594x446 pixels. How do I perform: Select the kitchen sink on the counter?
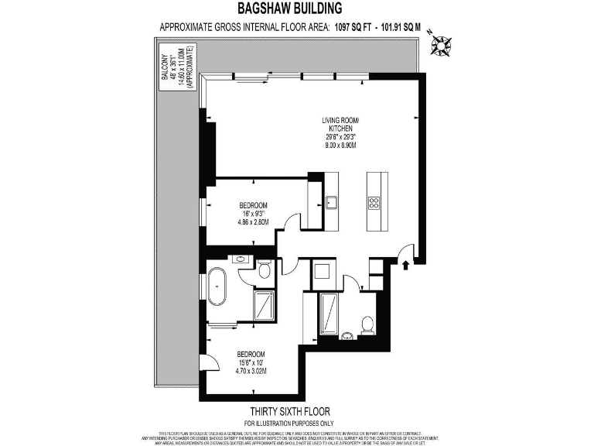pos(331,203)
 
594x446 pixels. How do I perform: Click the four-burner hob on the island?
pos(374,203)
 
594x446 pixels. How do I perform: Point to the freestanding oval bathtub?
pos(217,294)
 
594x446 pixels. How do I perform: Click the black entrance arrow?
pos(406,266)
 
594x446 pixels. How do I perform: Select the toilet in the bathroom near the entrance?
pos(368,324)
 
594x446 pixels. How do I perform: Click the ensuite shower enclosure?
pos(265,304)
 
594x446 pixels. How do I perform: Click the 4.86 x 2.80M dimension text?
pos(253,221)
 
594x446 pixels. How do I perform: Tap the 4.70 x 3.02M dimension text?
pos(251,371)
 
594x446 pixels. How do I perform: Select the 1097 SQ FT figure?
pos(353,27)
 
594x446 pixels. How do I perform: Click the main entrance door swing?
pos(404,252)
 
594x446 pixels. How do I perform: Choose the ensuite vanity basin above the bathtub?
pos(241,259)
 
